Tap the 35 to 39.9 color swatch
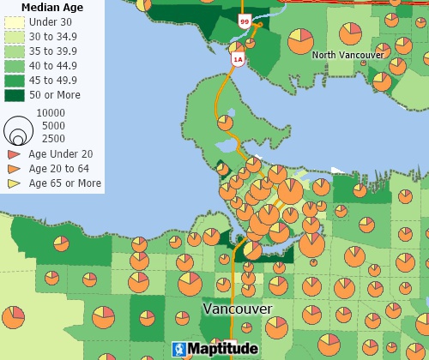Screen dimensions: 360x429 click(15, 51)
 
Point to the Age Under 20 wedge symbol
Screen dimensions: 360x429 click(14, 154)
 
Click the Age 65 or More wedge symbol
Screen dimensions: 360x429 click(14, 183)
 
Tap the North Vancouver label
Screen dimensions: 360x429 click(347, 55)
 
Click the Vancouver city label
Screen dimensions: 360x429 click(238, 308)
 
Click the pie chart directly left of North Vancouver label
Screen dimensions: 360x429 click(299, 39)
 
